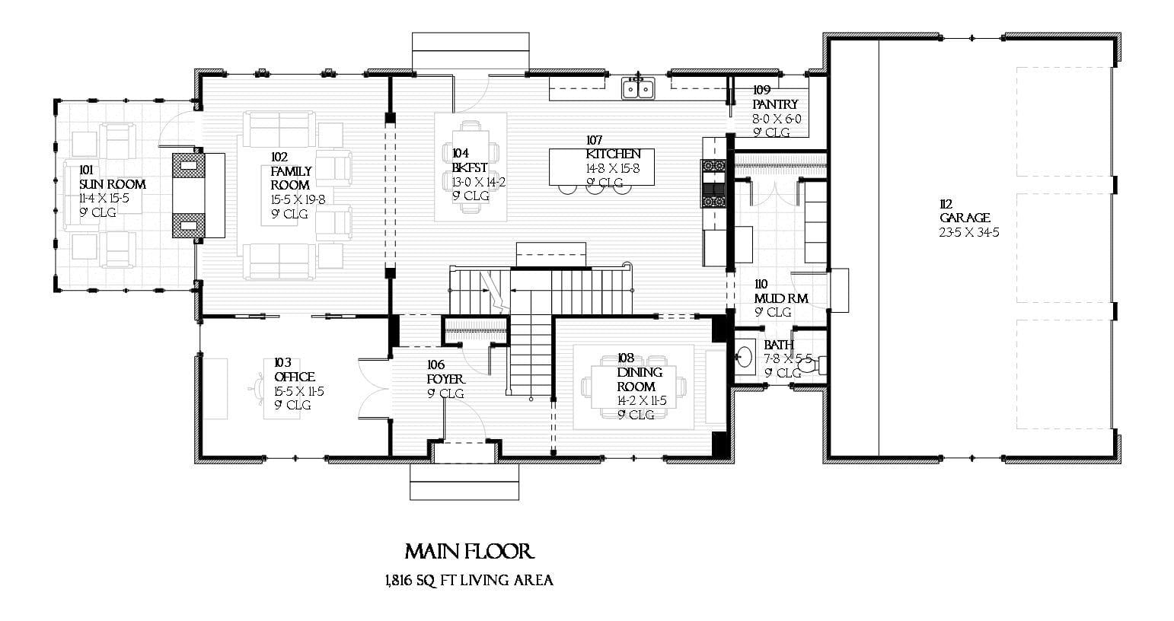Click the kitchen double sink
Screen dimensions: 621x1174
point(638,89)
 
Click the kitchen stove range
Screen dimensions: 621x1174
point(714,183)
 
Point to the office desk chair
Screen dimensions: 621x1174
point(253,387)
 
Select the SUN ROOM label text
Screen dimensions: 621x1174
point(112,184)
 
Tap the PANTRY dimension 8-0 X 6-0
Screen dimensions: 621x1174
point(777,119)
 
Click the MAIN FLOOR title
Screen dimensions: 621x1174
point(469,552)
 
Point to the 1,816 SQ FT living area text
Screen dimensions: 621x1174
point(469,581)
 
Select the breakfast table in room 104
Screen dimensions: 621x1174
point(470,167)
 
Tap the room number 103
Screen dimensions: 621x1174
point(282,363)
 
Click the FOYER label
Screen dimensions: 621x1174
point(445,379)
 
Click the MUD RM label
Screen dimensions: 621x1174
point(781,298)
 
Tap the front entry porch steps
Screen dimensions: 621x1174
point(464,482)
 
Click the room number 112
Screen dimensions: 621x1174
point(946,204)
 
